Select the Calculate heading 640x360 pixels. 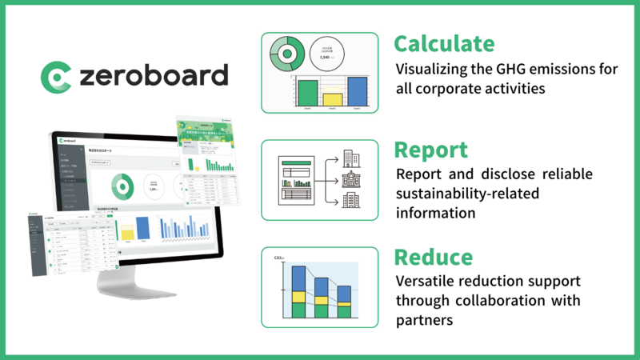(443, 43)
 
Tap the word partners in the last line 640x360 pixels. (426, 321)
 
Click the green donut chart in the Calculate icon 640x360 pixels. (286, 54)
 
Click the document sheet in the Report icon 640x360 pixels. (294, 179)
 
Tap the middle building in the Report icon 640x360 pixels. (350, 179)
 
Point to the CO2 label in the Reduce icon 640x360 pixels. (279, 258)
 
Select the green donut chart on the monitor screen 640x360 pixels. (122, 187)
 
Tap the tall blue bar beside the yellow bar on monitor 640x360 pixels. (142, 227)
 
